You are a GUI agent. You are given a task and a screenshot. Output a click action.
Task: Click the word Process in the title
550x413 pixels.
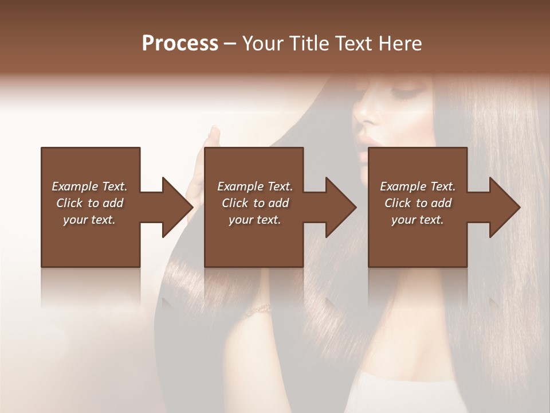pos(180,44)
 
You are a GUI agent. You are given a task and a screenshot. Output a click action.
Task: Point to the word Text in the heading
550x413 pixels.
pos(356,44)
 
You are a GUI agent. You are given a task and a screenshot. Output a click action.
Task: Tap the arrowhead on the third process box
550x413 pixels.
pos(504,207)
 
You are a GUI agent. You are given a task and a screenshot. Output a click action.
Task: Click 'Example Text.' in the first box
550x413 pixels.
pos(89,186)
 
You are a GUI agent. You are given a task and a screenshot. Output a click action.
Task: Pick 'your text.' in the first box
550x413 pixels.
pos(89,220)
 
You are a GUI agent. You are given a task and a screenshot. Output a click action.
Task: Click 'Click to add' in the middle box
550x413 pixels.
pos(255,203)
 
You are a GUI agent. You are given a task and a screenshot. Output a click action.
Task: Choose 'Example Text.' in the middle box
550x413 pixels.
pos(255,186)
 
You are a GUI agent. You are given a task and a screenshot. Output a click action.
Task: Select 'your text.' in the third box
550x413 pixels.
pos(418,220)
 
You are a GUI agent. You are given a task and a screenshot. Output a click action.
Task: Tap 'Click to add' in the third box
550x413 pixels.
pos(418,203)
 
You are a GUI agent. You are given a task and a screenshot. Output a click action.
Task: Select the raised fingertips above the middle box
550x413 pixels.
pos(214,135)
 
